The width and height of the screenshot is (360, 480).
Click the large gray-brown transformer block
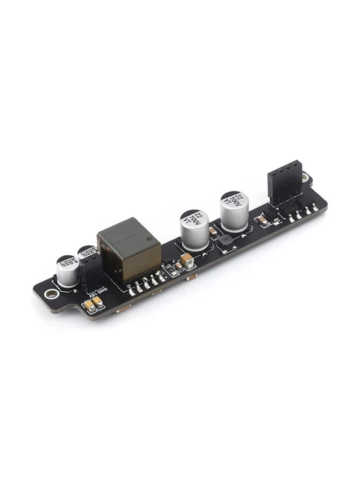tap(129, 247)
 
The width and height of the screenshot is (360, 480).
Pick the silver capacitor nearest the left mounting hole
tap(67, 271)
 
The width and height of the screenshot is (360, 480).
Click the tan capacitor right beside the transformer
tap(186, 262)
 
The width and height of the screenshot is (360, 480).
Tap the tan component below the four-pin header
tap(263, 220)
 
